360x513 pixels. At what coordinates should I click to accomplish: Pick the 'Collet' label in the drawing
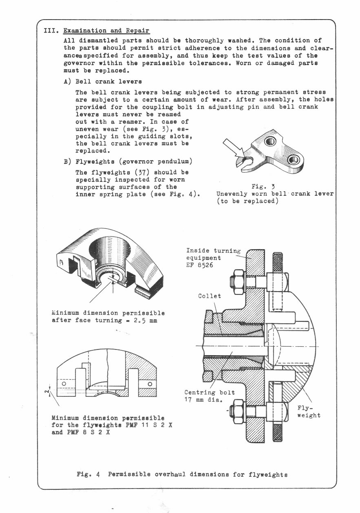210,296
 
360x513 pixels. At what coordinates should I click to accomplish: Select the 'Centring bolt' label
209,393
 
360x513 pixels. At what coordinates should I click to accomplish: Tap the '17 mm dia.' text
203,400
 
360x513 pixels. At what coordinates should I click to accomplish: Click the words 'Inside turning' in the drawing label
213,251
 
